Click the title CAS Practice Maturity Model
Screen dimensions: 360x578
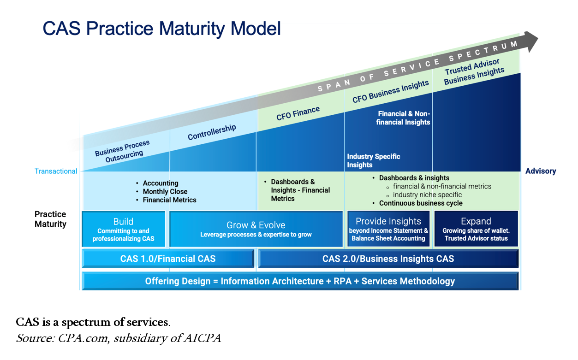click(x=161, y=28)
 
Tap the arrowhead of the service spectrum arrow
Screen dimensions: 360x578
click(x=530, y=41)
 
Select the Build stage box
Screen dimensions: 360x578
click(x=124, y=229)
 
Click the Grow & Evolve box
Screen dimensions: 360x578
click(x=256, y=229)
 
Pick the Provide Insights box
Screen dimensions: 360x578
click(x=388, y=229)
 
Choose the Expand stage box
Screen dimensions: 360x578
click(x=476, y=229)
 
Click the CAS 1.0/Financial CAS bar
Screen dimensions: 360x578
click(x=168, y=259)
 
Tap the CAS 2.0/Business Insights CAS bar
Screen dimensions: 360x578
click(x=388, y=259)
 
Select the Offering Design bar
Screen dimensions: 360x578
click(x=300, y=281)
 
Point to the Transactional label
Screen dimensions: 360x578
click(x=56, y=171)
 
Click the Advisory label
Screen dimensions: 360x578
click(x=541, y=171)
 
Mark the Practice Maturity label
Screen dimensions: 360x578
click(x=50, y=219)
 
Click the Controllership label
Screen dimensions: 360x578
click(x=212, y=132)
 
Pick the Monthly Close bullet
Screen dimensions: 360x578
click(x=165, y=191)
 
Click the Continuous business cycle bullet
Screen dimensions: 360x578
click(x=421, y=203)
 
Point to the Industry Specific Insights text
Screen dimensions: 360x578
click(x=374, y=160)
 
